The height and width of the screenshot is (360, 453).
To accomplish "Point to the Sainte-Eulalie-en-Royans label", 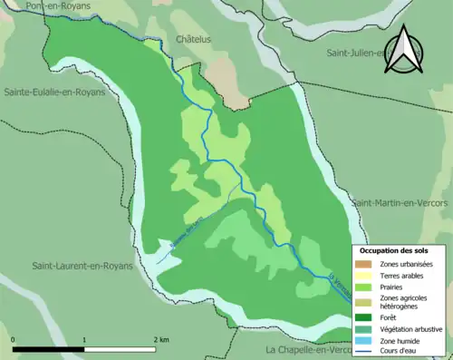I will [x=57, y=92].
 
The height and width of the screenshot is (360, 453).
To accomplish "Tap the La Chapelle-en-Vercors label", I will [x=308, y=349].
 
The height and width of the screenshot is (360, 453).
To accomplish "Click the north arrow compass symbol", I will [x=405, y=50].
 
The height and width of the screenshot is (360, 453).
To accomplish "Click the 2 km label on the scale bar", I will [x=162, y=339].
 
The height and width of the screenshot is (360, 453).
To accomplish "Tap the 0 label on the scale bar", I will [x=14, y=339].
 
